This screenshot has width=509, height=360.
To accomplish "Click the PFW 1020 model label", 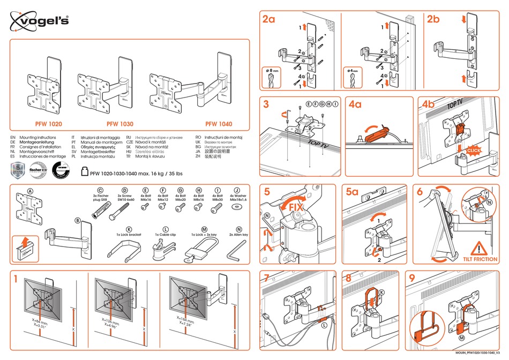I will point(49,124).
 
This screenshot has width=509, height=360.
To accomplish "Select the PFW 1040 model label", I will point(219,124).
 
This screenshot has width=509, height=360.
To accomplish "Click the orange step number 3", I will point(266,105).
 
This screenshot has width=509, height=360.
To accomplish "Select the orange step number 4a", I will point(355,105).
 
